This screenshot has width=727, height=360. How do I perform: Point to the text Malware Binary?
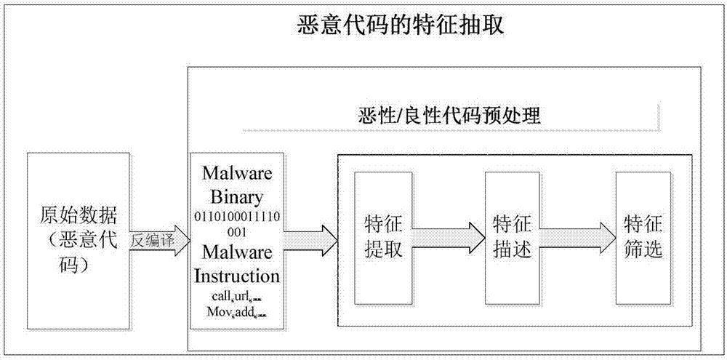pyautogui.click(x=237, y=185)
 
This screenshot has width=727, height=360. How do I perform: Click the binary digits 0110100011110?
pyautogui.click(x=237, y=217)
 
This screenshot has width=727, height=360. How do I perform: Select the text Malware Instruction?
pyautogui.click(x=237, y=264)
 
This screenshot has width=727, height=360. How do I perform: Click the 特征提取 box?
pyautogui.click(x=382, y=237)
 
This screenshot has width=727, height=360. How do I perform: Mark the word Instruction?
pyautogui.click(x=237, y=276)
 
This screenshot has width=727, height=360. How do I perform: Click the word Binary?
pyautogui.click(x=237, y=197)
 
